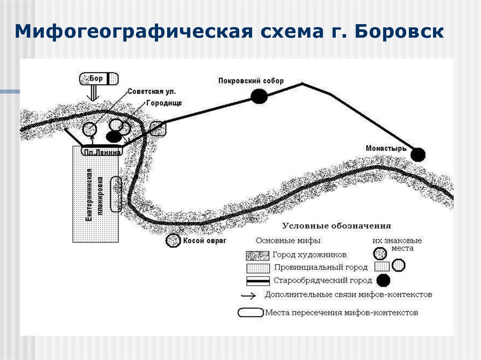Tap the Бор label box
pyautogui.click(x=99, y=78)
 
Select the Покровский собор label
pyautogui.click(x=251, y=81)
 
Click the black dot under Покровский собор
pyautogui.click(x=259, y=96)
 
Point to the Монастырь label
pyautogui.click(x=386, y=148)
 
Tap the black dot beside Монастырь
pyautogui.click(x=418, y=154)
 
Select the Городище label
pyautogui.click(x=163, y=103)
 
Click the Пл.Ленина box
pyautogui.click(x=102, y=152)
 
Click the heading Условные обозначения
pyautogui.click(x=336, y=225)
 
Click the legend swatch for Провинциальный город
pyautogui.click(x=257, y=268)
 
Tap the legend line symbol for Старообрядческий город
pyautogui.click(x=258, y=281)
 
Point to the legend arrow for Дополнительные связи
pyautogui.click(x=248, y=296)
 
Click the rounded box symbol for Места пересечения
pyautogui.click(x=250, y=313)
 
